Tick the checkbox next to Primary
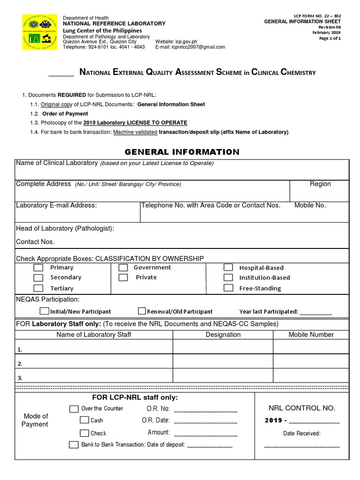coord(38,268)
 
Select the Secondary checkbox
coord(38,277)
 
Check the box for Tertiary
coord(38,288)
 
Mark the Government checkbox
coord(123,268)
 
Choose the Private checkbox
coord(123,277)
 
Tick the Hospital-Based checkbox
coord(228,268)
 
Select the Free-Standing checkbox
coord(228,288)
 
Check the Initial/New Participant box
coord(45,311)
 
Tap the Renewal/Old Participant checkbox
coord(142,311)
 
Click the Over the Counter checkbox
coord(74,409)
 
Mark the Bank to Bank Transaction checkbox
coord(74,444)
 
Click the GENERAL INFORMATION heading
coord(182,152)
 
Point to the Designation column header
coord(223,335)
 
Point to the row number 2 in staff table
coord(20,364)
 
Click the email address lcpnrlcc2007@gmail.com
coord(198,47)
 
